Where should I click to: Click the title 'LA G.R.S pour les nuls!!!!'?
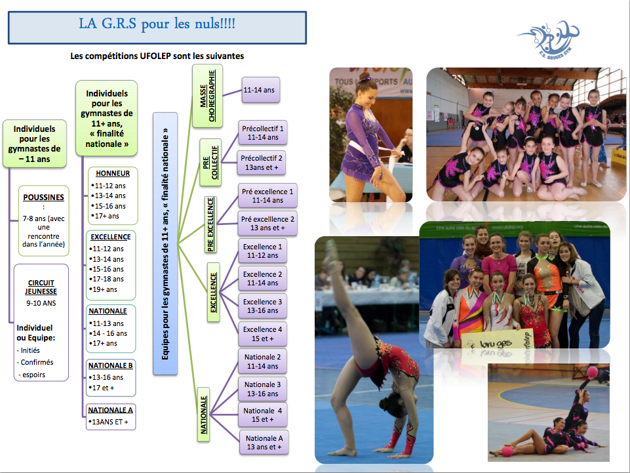(157, 24)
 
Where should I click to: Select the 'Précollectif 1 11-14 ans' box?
(263, 133)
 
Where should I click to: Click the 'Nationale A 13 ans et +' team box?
(264, 442)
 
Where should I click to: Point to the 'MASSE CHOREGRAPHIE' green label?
(207, 96)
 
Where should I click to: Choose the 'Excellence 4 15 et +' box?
(262, 334)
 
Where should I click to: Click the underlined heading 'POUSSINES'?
(43, 197)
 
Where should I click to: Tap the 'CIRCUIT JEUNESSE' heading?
(41, 287)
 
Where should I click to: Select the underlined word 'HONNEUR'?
(113, 173)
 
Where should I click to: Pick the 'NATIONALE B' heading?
(111, 365)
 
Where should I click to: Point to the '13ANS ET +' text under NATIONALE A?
(108, 422)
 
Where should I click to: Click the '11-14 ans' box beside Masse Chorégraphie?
(261, 90)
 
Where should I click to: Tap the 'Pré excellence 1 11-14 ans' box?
(267, 196)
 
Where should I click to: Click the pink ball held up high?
(593, 371)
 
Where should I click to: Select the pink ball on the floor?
(507, 451)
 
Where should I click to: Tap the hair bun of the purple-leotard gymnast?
(364, 76)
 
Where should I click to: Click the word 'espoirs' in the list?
(33, 375)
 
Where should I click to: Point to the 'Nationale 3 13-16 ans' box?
(262, 389)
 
